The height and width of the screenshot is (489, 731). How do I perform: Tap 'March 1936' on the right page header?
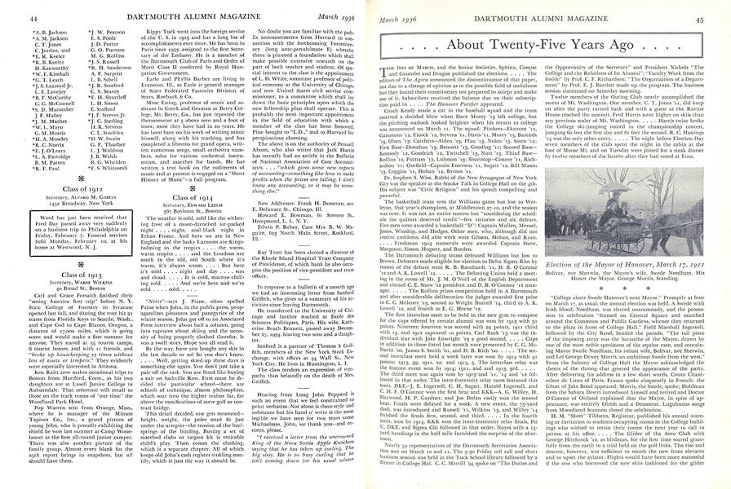click(x=397, y=8)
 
